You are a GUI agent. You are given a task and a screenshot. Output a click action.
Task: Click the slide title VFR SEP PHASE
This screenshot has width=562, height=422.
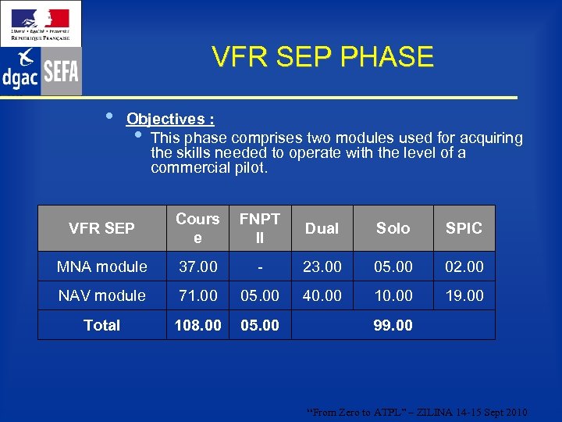[x=322, y=57]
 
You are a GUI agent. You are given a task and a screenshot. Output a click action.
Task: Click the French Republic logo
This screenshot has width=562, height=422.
[x=41, y=23]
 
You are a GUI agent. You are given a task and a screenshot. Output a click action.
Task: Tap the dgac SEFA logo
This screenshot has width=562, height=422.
[x=41, y=71]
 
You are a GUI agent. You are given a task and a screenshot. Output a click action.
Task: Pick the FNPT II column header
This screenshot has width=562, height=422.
[x=260, y=227]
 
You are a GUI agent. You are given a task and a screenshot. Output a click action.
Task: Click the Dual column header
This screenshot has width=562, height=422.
[x=322, y=228]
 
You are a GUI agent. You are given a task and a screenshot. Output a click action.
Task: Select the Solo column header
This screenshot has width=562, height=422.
[x=393, y=228]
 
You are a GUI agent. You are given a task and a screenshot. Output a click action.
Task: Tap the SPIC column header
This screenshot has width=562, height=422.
[x=464, y=228]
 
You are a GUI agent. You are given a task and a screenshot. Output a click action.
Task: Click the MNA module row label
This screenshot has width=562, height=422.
[x=101, y=266]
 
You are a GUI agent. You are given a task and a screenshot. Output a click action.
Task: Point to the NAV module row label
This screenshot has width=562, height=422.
[x=101, y=295]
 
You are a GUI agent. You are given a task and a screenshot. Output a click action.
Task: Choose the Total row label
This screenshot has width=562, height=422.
[x=101, y=325]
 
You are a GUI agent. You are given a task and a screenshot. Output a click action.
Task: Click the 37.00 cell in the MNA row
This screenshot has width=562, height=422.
[x=197, y=266]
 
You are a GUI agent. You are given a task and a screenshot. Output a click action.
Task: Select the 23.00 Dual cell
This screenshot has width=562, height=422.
[x=322, y=266]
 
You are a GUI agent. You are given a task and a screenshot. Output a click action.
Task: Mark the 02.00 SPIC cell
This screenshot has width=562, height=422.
[x=464, y=266]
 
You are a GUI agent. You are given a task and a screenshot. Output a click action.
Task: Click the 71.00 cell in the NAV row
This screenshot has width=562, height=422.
[x=197, y=295]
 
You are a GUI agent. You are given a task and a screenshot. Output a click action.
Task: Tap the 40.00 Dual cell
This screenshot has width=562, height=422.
[x=322, y=295]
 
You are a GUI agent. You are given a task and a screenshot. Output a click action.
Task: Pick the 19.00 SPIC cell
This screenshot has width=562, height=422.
[x=464, y=295]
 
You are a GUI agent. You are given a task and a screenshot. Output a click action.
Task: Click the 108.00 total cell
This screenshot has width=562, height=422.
[x=197, y=325]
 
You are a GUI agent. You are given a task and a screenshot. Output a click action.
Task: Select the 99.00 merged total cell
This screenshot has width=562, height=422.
[x=393, y=325]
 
